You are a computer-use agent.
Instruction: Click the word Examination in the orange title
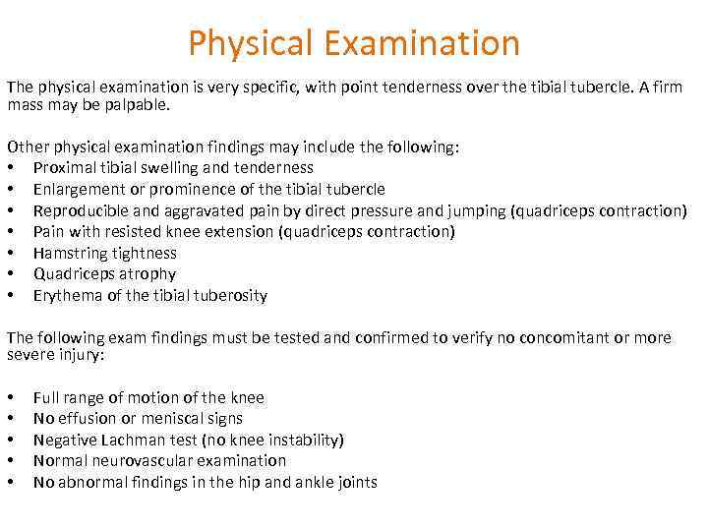click(425, 43)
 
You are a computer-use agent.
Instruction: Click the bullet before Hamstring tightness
click(11, 253)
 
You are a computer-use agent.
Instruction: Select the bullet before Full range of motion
click(11, 397)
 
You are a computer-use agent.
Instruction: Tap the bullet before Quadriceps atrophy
click(11, 274)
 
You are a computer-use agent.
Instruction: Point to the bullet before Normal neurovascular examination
click(11, 460)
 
